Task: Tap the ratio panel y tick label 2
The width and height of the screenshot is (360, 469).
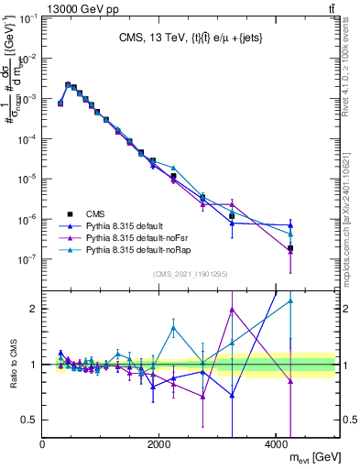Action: [x=35, y=309]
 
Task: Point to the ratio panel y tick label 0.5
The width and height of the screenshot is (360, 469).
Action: [x=30, y=420]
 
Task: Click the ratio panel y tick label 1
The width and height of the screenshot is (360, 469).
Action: [x=35, y=365]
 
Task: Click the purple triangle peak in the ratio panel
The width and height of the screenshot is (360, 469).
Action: [x=233, y=310]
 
